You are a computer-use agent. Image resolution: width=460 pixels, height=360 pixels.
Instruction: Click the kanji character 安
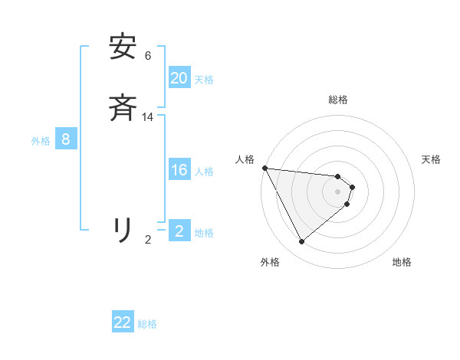123,47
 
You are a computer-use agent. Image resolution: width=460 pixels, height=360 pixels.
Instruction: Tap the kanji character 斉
123,109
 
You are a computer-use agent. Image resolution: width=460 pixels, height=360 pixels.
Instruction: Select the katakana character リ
123,229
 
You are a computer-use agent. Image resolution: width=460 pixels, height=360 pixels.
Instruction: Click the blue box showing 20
179,78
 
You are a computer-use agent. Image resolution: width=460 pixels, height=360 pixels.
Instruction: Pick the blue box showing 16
179,171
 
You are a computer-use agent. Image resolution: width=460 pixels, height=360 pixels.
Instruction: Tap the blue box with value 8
66,139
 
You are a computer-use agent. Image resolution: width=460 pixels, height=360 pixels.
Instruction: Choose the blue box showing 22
123,322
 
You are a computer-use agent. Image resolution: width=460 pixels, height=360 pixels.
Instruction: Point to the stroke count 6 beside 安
148,55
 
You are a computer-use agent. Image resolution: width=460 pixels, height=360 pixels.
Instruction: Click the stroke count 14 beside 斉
148,117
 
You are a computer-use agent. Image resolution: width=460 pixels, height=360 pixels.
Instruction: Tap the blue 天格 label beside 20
204,79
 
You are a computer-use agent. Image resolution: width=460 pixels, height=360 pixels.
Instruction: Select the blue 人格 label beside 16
204,172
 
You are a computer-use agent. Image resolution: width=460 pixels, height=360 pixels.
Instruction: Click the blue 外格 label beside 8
41,141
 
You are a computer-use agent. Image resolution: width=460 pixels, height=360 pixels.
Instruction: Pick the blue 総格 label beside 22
147,324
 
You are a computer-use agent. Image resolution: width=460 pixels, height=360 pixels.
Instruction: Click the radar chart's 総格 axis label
338,100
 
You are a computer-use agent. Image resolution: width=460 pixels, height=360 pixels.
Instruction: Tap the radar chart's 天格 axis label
431,159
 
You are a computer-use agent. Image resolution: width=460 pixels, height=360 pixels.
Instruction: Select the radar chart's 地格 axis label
402,262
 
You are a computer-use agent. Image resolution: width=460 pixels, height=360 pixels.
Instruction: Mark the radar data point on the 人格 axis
264,168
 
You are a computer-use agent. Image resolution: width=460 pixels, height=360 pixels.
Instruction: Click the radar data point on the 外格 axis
302,242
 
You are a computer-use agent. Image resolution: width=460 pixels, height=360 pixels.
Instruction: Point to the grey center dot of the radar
338,191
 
